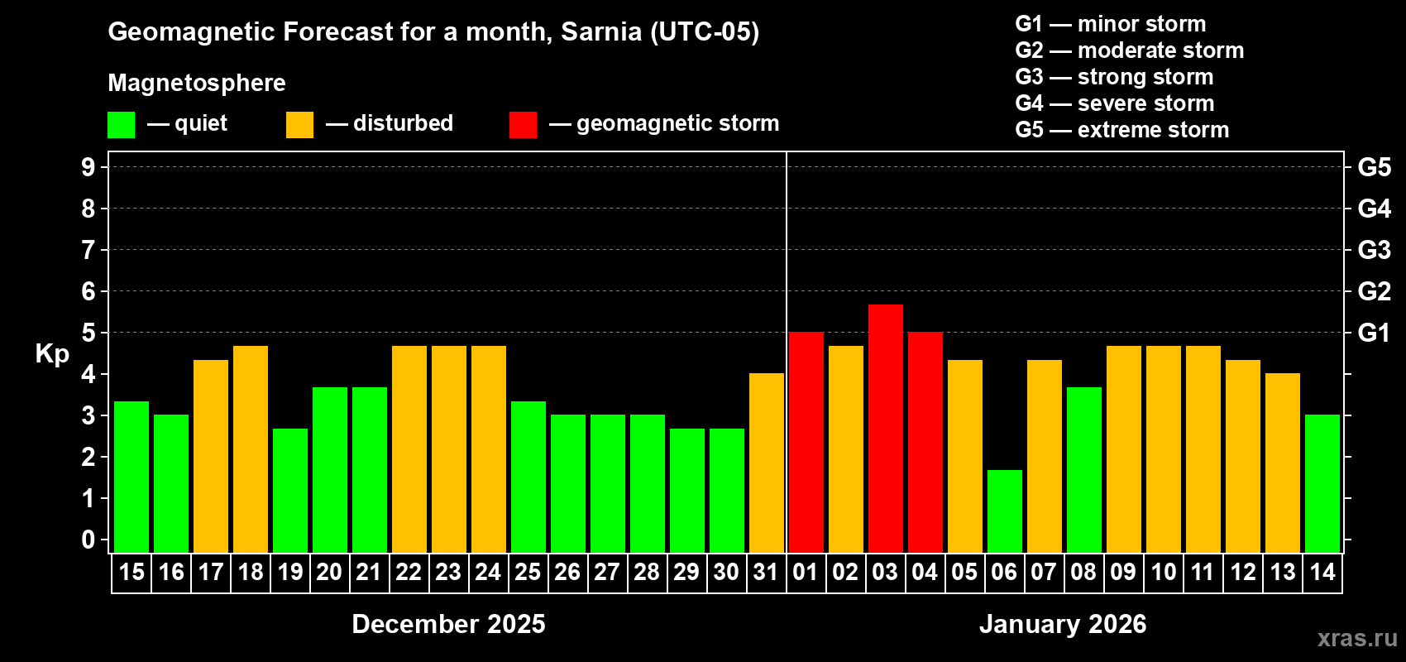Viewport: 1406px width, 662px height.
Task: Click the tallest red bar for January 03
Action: (x=885, y=429)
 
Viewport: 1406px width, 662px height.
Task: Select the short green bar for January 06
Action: (x=1004, y=511)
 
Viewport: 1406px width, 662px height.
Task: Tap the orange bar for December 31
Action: (x=766, y=463)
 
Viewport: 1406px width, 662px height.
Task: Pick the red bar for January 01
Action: (x=806, y=443)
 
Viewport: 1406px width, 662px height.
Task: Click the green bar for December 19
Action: (x=289, y=491)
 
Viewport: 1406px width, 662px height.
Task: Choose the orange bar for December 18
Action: (x=250, y=449)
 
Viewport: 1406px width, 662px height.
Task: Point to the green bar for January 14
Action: (x=1322, y=484)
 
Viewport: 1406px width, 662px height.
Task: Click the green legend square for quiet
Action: (x=121, y=125)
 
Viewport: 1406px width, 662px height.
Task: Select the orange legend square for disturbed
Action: (x=299, y=125)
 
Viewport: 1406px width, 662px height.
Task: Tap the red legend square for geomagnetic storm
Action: (x=523, y=125)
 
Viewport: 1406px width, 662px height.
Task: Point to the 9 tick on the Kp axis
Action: (x=88, y=167)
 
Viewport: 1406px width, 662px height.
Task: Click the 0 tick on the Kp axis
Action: (x=88, y=540)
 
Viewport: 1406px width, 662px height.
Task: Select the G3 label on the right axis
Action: (x=1374, y=250)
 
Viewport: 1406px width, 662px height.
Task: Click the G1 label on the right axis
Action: (x=1374, y=333)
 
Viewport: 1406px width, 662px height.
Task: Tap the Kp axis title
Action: (x=52, y=353)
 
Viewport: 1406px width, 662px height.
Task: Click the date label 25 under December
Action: (x=528, y=572)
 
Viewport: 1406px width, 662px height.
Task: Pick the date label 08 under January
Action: (x=1083, y=572)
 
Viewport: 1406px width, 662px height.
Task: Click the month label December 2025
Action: (x=448, y=624)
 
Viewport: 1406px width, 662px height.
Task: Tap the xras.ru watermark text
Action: (x=1356, y=638)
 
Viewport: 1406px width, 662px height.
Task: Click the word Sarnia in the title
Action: (x=601, y=31)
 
